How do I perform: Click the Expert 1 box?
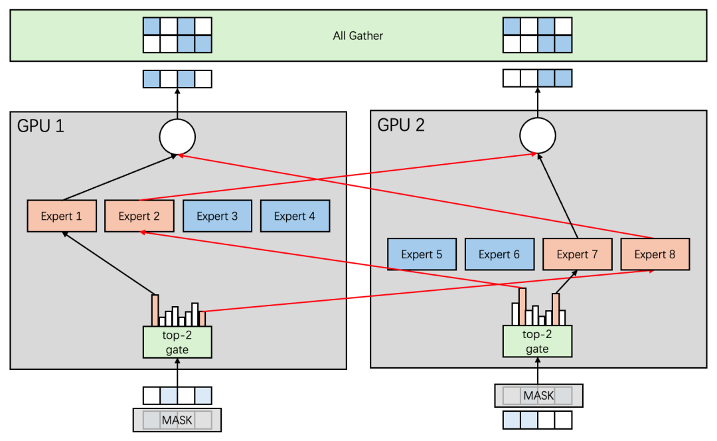point(62,216)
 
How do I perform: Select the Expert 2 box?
point(139,216)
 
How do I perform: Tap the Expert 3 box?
point(217,216)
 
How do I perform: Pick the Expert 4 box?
point(295,216)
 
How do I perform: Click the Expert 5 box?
point(422,254)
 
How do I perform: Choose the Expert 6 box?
point(499,254)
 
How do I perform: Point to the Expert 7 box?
point(577,254)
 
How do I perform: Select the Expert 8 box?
point(655,254)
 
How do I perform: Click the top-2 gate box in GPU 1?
point(177,342)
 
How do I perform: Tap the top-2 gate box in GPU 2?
point(537,342)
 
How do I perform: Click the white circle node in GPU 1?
point(177,137)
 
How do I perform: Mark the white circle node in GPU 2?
point(537,137)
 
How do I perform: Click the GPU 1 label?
point(41,126)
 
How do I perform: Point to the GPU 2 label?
point(401,126)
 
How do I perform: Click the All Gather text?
point(358,36)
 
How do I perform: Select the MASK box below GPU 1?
point(177,420)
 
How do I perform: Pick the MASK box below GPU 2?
point(538,396)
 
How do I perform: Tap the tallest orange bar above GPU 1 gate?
point(155,310)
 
